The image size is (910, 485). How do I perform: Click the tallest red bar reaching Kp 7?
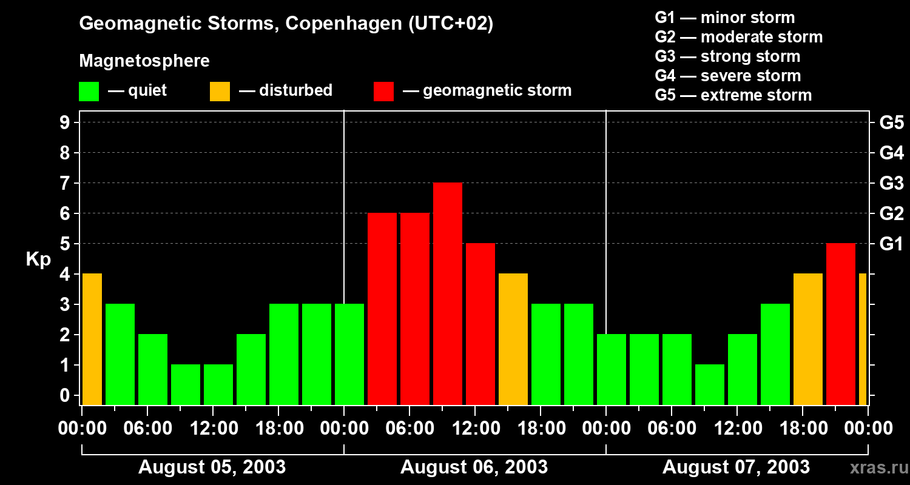coord(448,293)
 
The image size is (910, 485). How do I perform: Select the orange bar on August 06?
coord(513,339)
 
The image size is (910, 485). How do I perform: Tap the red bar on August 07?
coord(841,324)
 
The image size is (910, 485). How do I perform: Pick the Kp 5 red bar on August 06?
coord(480,324)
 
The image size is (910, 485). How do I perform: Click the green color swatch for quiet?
coord(89,92)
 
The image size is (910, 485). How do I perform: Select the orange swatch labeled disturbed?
coord(220,92)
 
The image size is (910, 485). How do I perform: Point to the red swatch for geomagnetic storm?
coord(384,92)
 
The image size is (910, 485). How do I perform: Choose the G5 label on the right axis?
coord(891,123)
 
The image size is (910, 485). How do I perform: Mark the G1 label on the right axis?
coord(891,244)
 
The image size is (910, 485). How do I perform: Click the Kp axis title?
coord(38,260)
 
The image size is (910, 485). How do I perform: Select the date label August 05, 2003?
coord(212,467)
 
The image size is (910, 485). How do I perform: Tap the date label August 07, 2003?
coord(736,467)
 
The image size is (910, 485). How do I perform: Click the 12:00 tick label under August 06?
coord(476,429)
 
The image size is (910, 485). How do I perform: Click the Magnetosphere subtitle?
coord(144,61)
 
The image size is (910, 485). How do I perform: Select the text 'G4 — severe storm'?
coord(727,76)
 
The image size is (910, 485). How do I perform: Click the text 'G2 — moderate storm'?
coord(738,37)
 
